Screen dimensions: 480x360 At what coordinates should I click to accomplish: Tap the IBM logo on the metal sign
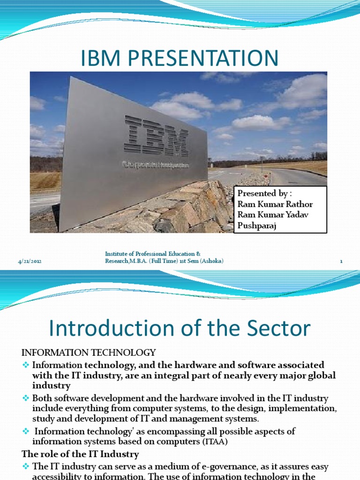[x=157, y=137]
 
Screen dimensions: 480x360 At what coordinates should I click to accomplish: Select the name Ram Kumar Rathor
[x=275, y=204]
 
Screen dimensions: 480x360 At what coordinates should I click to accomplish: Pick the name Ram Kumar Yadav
[x=273, y=215]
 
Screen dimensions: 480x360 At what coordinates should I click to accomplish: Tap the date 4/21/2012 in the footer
[x=29, y=262]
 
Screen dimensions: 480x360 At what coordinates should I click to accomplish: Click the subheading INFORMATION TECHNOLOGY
[x=89, y=352]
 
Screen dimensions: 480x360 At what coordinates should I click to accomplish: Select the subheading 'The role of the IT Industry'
[x=80, y=453]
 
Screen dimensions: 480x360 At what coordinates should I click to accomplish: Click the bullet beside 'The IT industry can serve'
[x=26, y=466]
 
